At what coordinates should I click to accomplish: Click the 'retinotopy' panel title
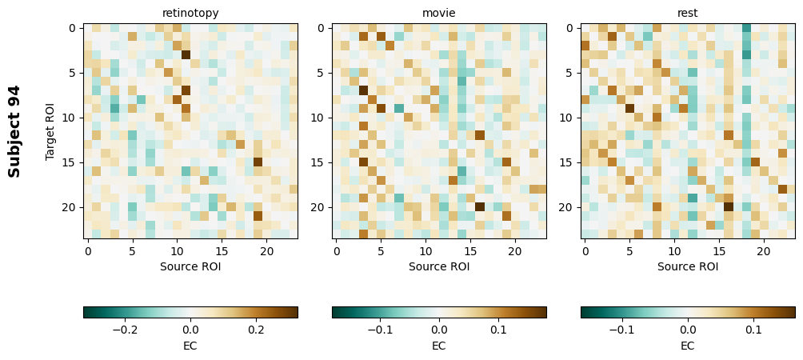pos(190,13)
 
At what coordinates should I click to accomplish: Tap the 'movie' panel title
pos(439,13)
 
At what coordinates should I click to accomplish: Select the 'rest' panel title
pos(688,13)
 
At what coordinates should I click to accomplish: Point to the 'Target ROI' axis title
pos(50,130)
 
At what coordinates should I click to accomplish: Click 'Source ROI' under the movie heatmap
pos(439,266)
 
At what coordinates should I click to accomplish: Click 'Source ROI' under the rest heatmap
pos(688,266)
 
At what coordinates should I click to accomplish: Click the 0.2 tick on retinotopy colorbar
pos(256,329)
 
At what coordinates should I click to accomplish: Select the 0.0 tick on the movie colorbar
pos(439,329)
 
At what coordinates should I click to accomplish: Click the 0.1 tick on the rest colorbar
pos(753,329)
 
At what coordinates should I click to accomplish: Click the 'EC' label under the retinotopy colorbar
pos(190,346)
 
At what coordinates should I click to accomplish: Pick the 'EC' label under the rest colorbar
pos(688,346)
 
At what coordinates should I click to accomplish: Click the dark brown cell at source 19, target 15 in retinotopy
pos(258,162)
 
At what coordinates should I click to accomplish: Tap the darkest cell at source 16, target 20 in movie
pos(480,206)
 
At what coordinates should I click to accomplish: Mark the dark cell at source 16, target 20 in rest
pos(729,206)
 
